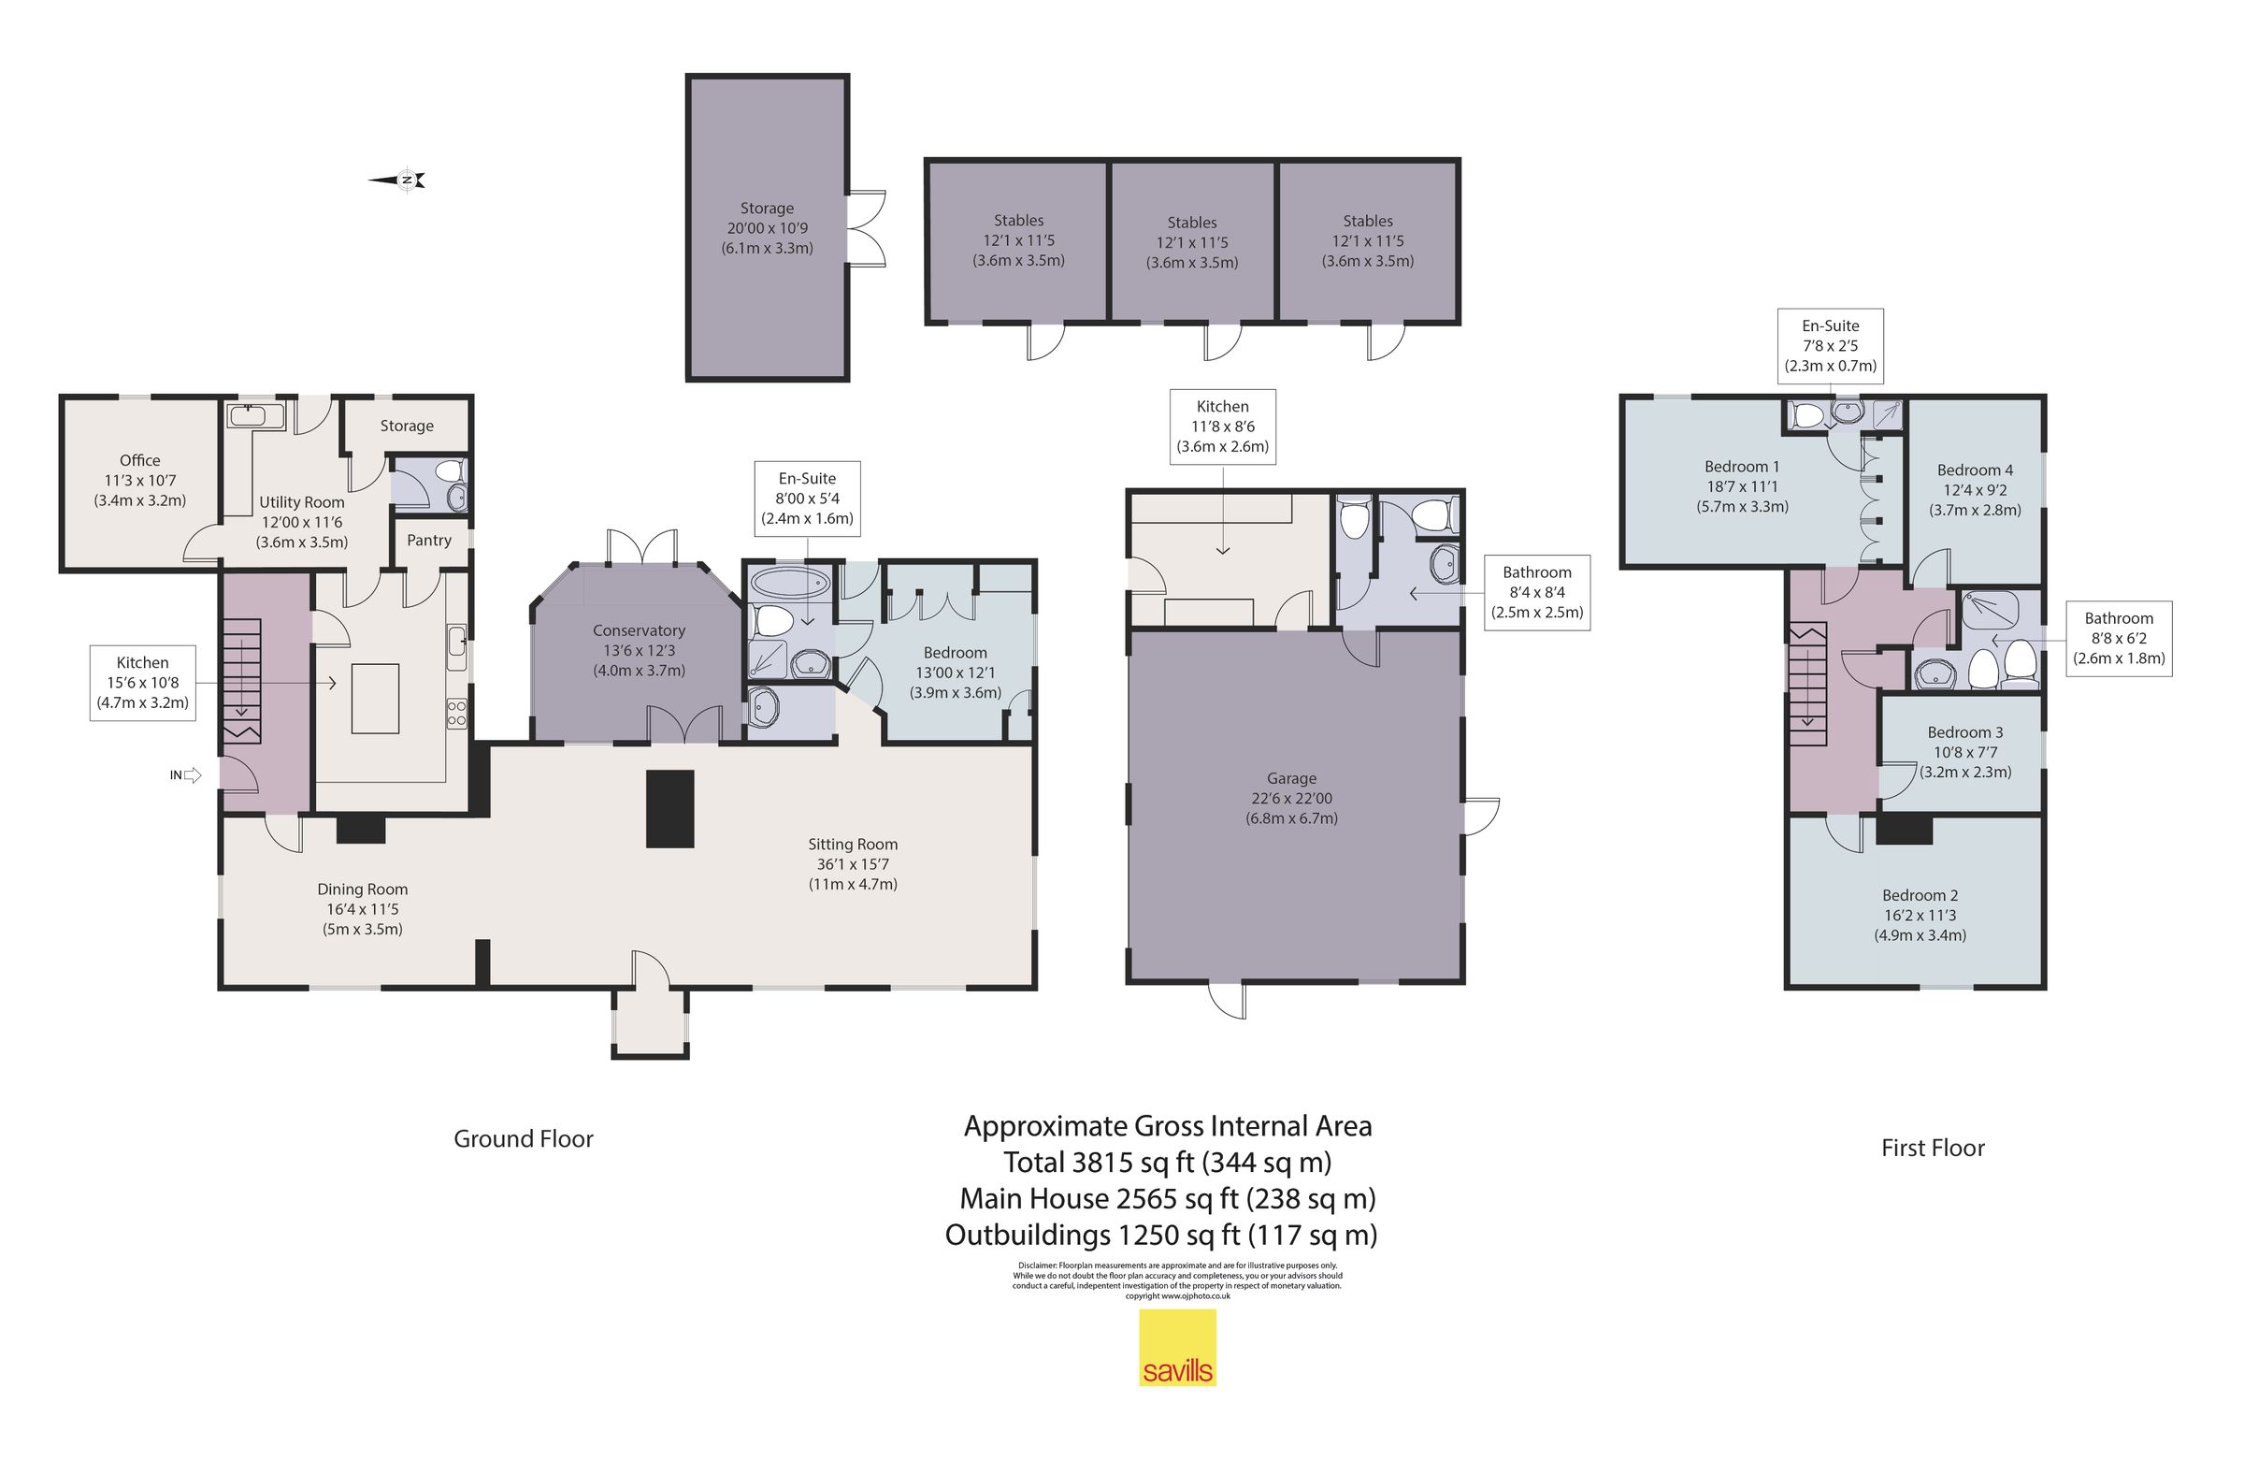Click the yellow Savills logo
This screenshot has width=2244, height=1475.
(x=1176, y=1349)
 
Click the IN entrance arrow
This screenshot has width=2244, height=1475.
(x=192, y=775)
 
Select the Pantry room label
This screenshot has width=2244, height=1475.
(x=429, y=541)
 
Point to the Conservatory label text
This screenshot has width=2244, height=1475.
(x=639, y=631)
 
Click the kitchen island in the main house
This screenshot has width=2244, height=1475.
(x=375, y=698)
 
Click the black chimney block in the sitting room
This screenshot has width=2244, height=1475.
(x=669, y=808)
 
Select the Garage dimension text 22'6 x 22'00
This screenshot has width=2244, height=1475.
(x=1291, y=799)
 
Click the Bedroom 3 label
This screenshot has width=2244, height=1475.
(x=1965, y=732)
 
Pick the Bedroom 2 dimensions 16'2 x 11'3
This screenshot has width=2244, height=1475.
(x=1920, y=916)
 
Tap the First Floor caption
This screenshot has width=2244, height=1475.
(x=1932, y=1148)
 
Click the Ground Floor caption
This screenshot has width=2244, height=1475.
(x=524, y=1139)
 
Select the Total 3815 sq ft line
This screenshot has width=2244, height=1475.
(x=1167, y=1163)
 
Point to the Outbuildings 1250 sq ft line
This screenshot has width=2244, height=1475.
(x=1160, y=1236)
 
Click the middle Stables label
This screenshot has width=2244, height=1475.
(x=1192, y=223)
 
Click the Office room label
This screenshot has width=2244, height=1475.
(x=139, y=460)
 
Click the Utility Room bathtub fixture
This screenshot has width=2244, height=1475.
(x=255, y=415)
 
